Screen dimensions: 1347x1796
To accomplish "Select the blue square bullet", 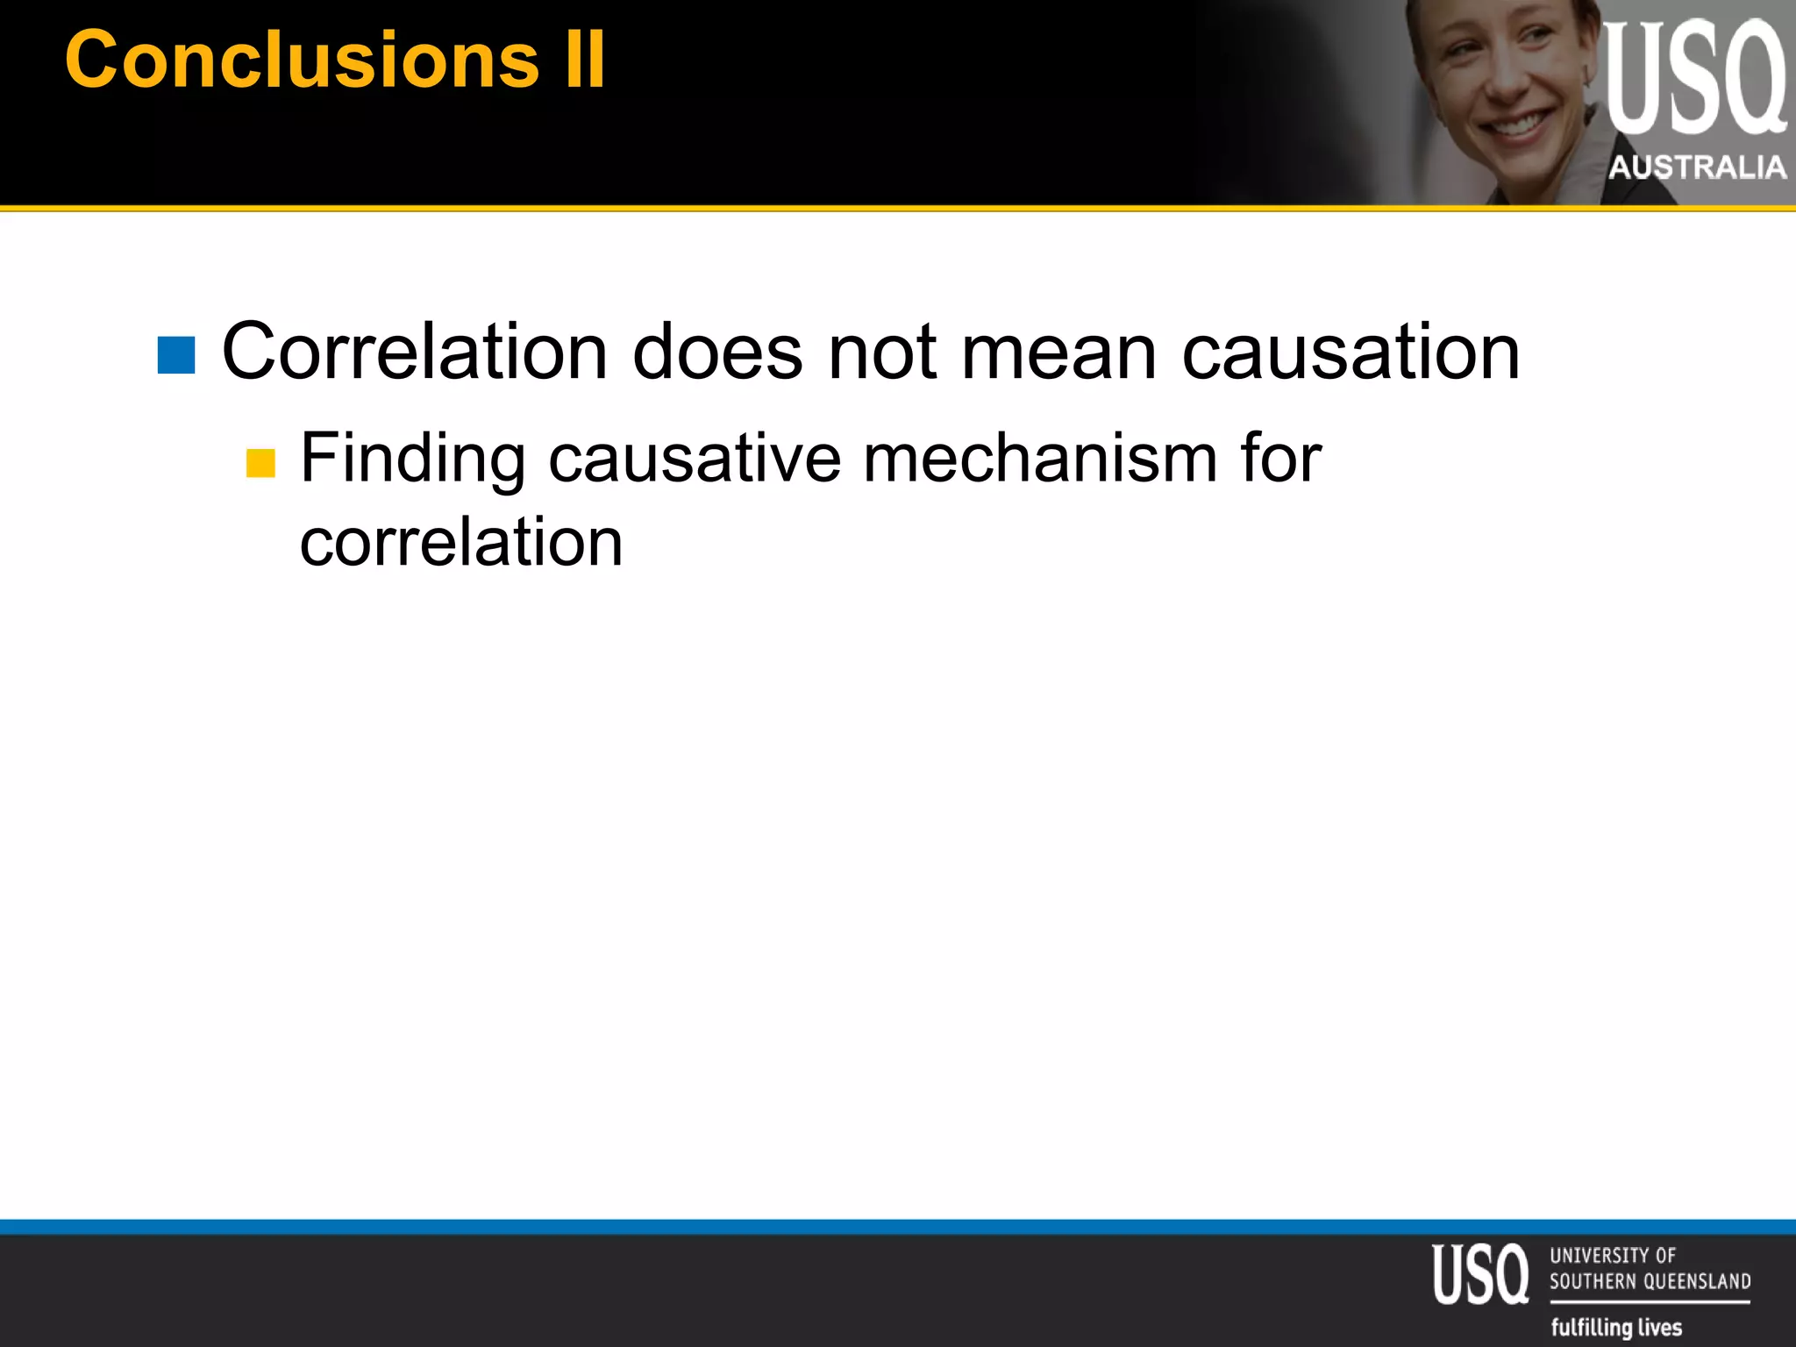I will coord(176,355).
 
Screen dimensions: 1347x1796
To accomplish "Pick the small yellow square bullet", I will coord(260,463).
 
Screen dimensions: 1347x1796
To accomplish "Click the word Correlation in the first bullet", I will coord(415,352).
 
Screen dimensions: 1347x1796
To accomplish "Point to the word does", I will coord(717,352).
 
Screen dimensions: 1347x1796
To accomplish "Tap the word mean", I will coord(1058,352).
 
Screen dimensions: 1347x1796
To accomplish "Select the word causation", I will coord(1351,352).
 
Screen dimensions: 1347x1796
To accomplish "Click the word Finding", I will coord(413,459).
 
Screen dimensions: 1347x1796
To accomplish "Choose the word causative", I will coord(695,459).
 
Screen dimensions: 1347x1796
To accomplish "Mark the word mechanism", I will coord(1040,459).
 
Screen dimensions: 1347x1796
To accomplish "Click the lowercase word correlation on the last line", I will coord(461,542).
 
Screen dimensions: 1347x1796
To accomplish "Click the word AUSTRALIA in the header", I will coord(1697,167).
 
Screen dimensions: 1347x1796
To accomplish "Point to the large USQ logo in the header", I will coord(1694,79).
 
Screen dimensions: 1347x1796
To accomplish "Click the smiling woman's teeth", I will coord(1522,125).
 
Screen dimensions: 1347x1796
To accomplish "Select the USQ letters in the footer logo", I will coord(1480,1274).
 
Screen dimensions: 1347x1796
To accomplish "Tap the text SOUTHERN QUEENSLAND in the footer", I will coord(1650,1281).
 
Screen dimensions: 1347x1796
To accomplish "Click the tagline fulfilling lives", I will coord(1616,1327).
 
